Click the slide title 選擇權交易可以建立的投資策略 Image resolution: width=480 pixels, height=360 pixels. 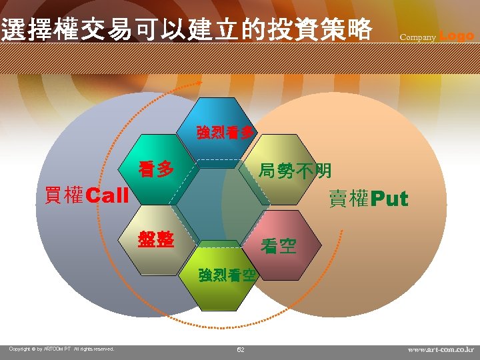click(x=187, y=29)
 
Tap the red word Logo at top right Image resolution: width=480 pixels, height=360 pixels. click(x=457, y=35)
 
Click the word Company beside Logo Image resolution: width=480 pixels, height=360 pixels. click(x=417, y=37)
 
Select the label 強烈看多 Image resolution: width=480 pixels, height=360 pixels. click(x=225, y=132)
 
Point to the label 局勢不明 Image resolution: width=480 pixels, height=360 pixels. click(x=295, y=171)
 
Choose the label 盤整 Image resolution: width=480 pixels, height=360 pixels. click(x=156, y=239)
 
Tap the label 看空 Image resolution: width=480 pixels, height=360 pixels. click(x=279, y=247)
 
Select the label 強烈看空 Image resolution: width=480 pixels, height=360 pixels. click(x=227, y=275)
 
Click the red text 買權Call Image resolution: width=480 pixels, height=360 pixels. click(x=86, y=195)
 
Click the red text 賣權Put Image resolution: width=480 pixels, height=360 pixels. click(x=368, y=199)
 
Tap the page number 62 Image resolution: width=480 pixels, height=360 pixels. click(x=241, y=349)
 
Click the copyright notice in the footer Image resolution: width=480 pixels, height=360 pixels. click(x=61, y=349)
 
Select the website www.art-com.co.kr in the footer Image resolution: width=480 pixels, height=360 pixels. click(x=441, y=349)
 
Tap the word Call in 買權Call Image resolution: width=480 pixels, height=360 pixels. click(x=107, y=196)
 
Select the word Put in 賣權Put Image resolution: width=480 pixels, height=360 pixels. click(x=389, y=199)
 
